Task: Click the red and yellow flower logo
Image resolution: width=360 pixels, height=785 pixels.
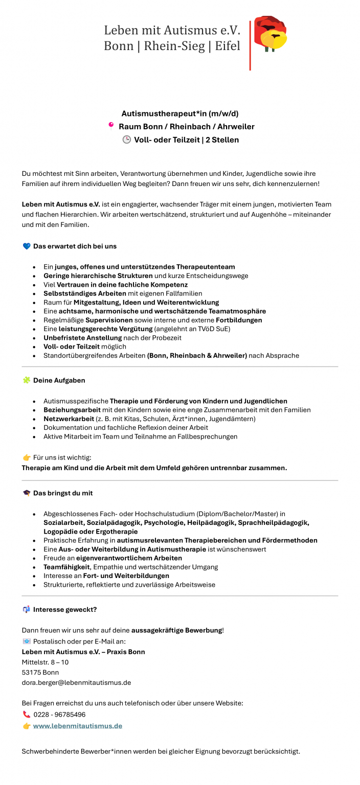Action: (x=271, y=35)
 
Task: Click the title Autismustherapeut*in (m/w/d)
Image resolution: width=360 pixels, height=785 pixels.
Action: (x=180, y=113)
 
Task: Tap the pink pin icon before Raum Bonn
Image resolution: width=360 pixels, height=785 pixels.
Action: (x=110, y=126)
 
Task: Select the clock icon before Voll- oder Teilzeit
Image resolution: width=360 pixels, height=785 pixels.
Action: (x=126, y=140)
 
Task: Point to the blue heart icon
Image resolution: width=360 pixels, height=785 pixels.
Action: (x=27, y=246)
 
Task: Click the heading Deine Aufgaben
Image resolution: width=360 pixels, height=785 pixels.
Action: (x=59, y=380)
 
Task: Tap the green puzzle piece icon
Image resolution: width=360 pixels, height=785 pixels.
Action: (x=27, y=380)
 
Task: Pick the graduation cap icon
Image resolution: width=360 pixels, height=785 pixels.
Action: (x=27, y=493)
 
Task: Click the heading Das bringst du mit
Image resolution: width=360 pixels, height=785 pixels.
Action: (x=63, y=493)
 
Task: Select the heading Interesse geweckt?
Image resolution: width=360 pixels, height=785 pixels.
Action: (x=65, y=609)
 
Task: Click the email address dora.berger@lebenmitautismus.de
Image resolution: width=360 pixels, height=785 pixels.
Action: (x=76, y=682)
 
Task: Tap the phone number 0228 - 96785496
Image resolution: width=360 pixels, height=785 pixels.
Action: (x=59, y=714)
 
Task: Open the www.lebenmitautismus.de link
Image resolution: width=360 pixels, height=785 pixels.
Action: (x=78, y=726)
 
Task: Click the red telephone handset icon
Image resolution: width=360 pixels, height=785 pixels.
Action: (x=27, y=714)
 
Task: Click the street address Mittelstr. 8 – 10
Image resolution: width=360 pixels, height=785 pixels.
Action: (x=45, y=662)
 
